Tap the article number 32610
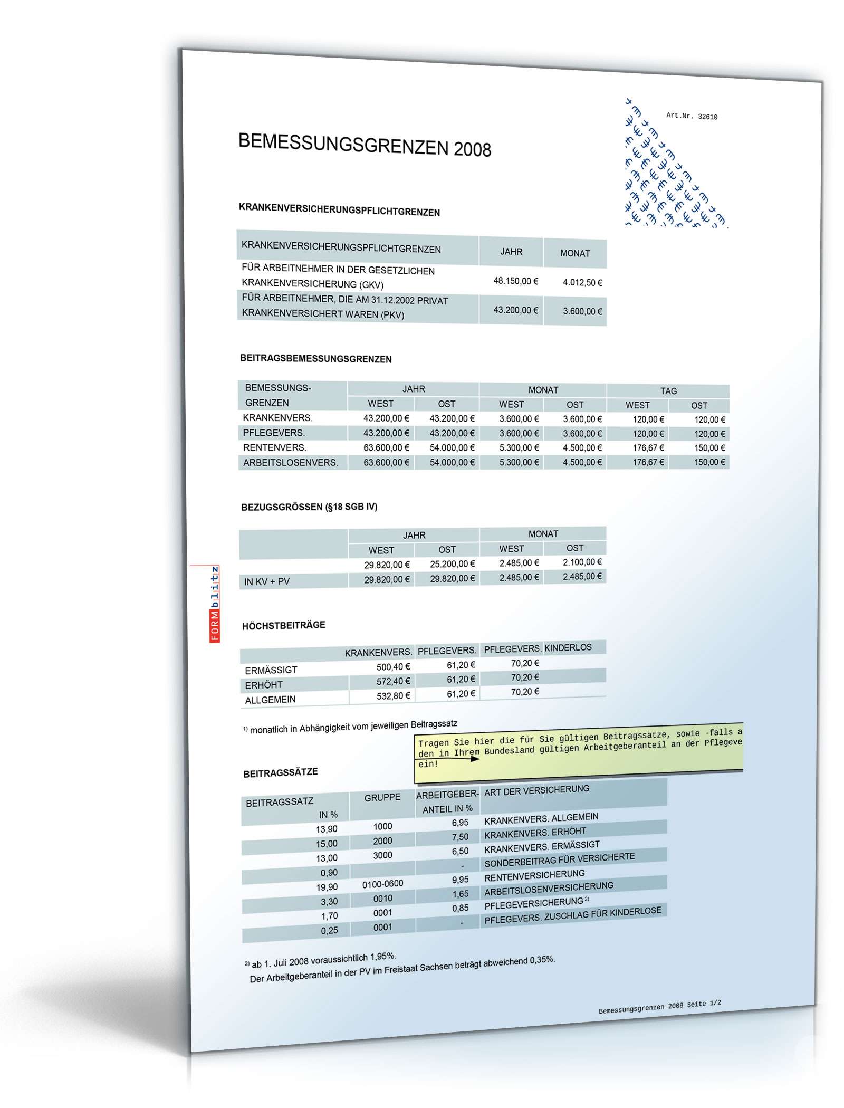[x=692, y=117]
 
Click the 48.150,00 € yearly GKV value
[x=515, y=281]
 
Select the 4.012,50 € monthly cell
[x=582, y=283]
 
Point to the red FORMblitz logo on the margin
[x=215, y=604]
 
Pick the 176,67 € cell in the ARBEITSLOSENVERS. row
[x=648, y=462]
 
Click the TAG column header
[x=668, y=391]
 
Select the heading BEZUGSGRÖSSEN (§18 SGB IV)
[x=309, y=507]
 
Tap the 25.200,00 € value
[x=452, y=564]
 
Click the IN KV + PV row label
[x=267, y=581]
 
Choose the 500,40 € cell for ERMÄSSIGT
[x=393, y=667]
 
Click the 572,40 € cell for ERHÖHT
[x=393, y=681]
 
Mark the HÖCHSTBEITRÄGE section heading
[x=283, y=626]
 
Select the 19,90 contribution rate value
[x=327, y=887]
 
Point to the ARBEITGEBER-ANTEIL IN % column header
[x=447, y=801]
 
